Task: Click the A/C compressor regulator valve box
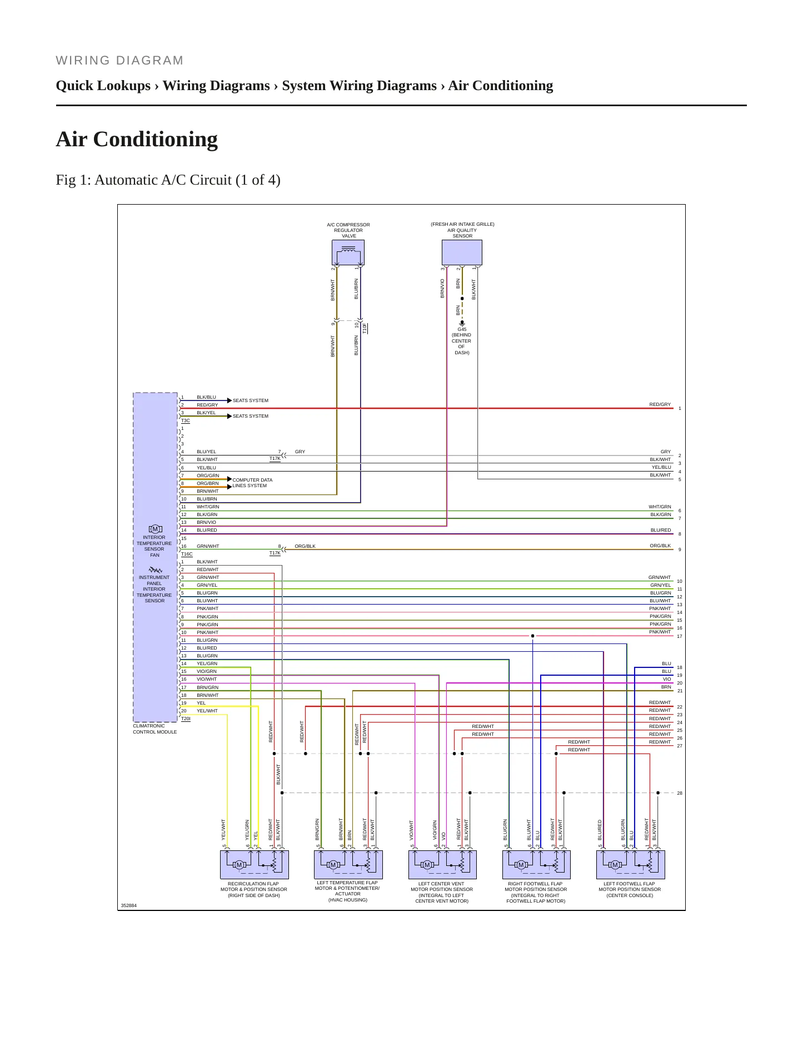348,252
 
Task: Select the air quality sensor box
462,252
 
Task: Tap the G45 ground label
462,329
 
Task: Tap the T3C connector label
186,421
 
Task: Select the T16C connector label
187,554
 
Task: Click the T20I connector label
186,719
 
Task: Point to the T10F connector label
365,328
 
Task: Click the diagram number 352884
129,905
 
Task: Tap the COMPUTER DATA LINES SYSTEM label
252,483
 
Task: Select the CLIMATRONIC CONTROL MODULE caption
155,729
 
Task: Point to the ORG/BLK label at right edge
660,546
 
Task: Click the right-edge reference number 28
680,793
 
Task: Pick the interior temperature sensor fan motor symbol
156,529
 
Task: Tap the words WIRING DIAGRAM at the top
119,61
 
